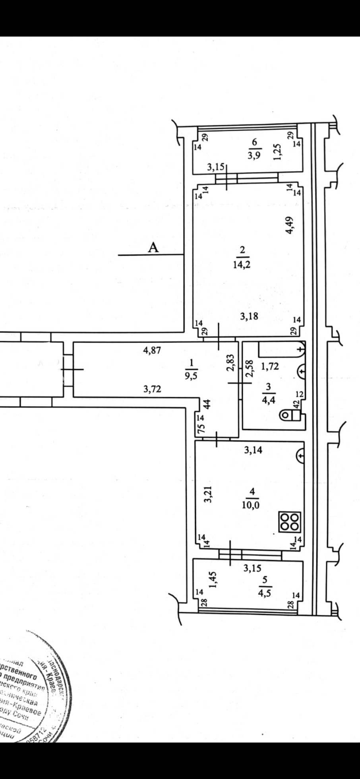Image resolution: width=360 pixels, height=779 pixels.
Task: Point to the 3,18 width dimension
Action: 250,316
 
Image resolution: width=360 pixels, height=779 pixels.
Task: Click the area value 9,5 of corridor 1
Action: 191,376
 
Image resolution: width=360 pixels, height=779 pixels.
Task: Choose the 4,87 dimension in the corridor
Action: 152,351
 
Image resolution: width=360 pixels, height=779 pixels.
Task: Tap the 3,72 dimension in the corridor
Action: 152,389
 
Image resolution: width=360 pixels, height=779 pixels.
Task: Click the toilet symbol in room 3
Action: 290,415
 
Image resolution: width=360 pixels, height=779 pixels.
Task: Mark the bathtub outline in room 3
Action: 281,349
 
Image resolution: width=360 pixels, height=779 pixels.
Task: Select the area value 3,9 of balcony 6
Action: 254,155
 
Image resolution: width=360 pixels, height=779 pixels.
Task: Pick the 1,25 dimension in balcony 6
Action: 279,151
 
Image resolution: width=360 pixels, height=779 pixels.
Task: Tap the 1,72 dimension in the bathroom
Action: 270,366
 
